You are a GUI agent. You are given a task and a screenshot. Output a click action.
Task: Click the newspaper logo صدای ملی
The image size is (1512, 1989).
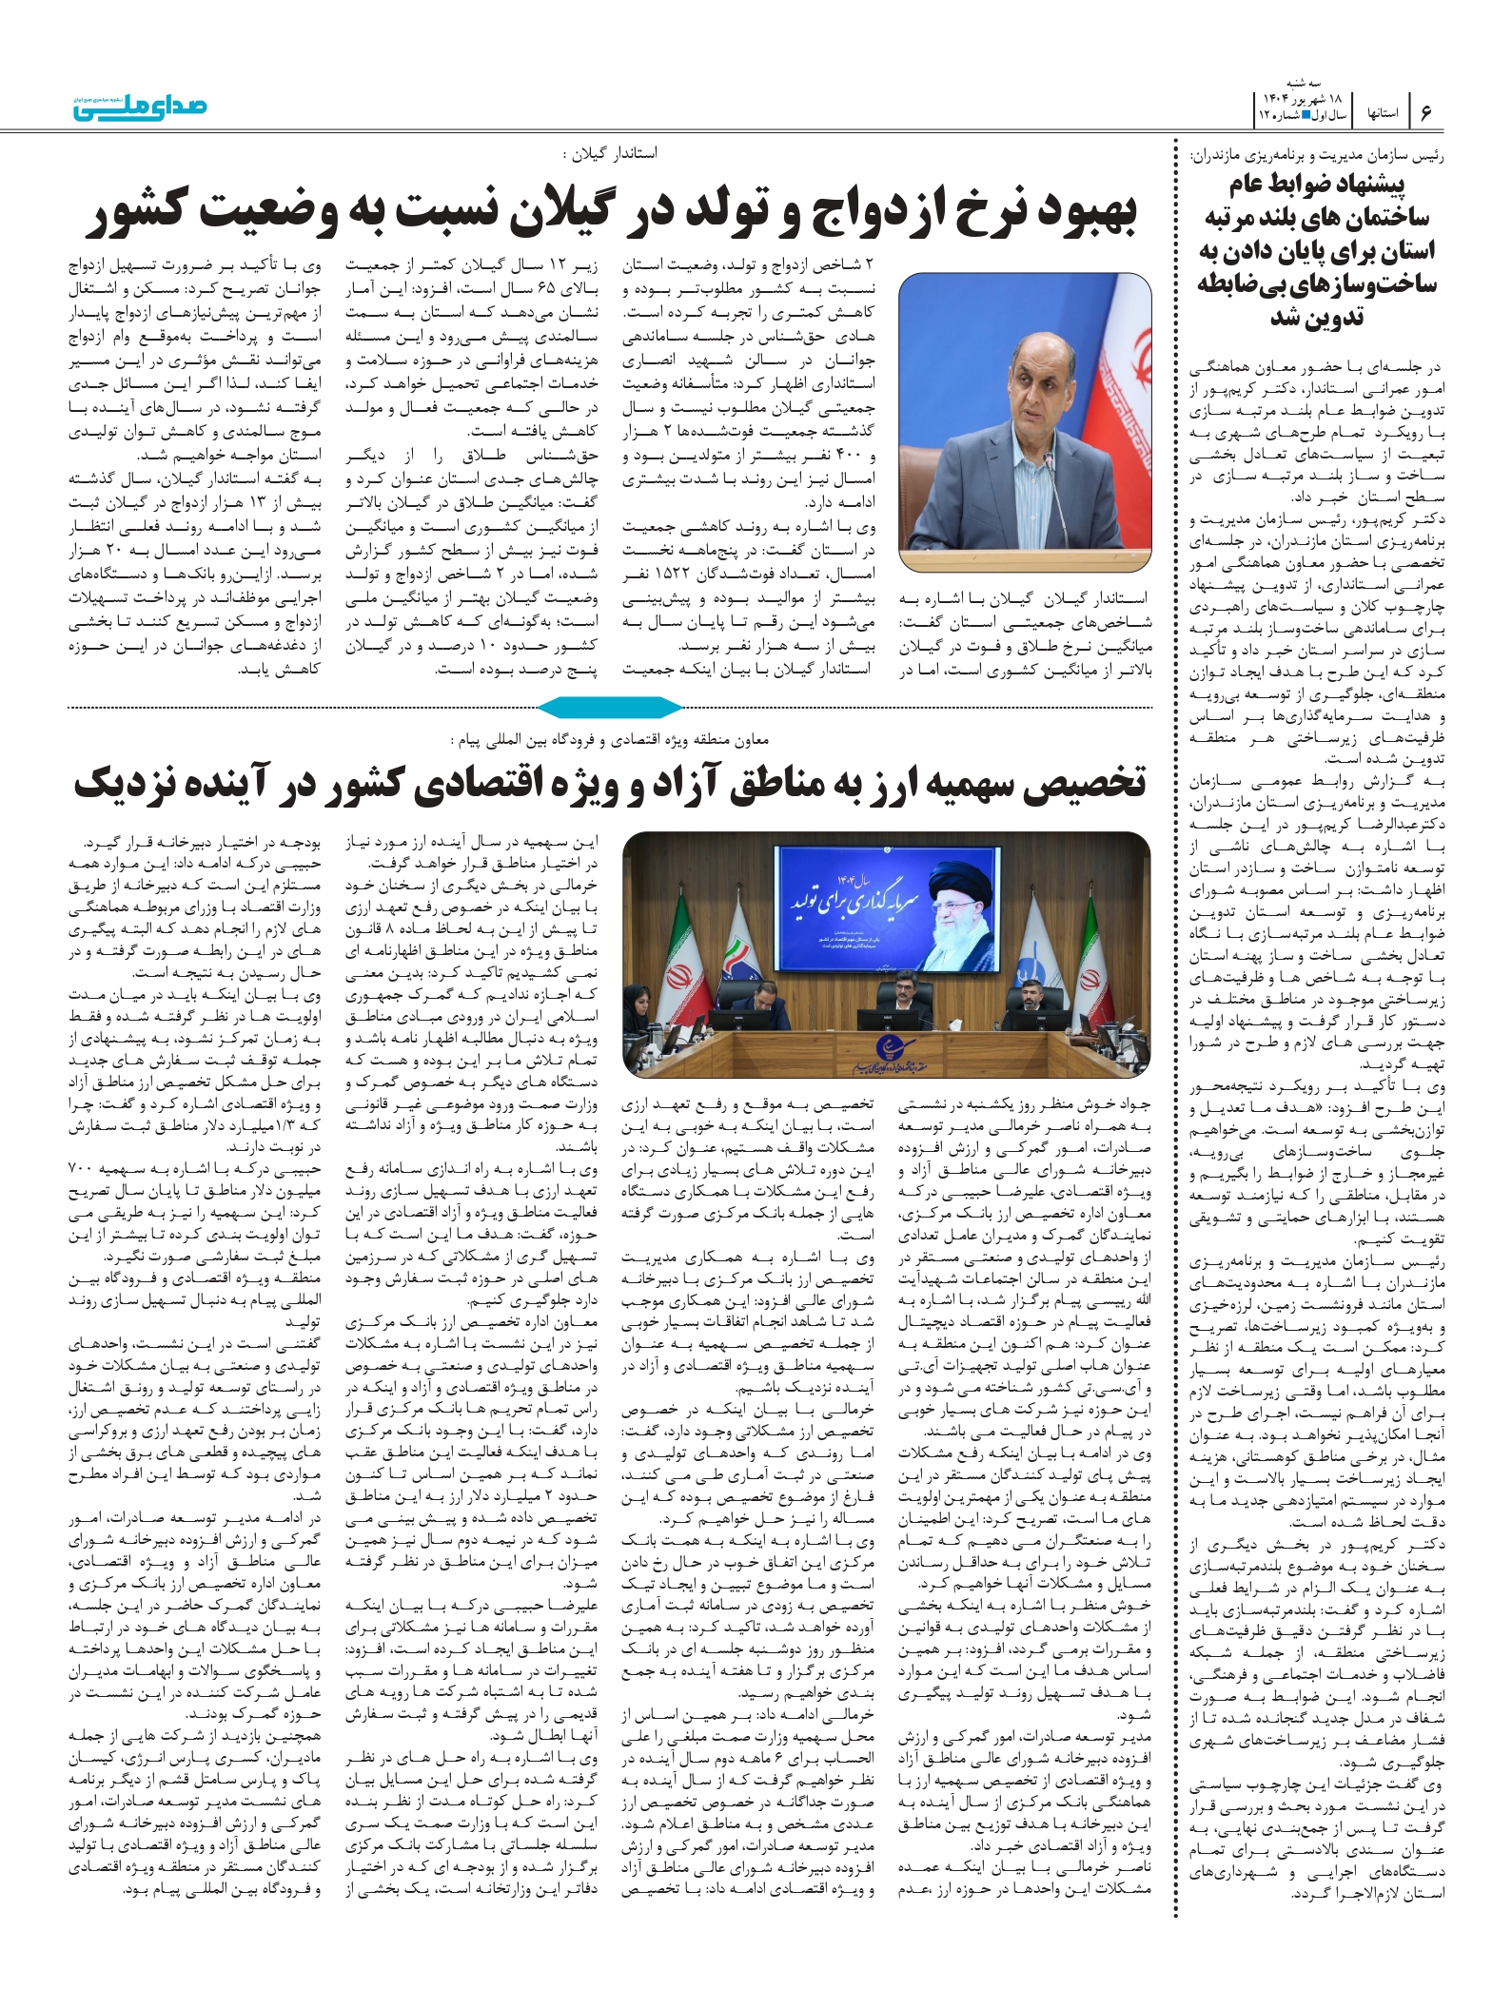click(140, 106)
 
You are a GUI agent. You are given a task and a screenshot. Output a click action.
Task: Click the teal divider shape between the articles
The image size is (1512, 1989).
click(610, 707)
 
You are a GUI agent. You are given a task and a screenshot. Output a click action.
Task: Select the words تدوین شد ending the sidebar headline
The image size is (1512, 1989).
click(1317, 318)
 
